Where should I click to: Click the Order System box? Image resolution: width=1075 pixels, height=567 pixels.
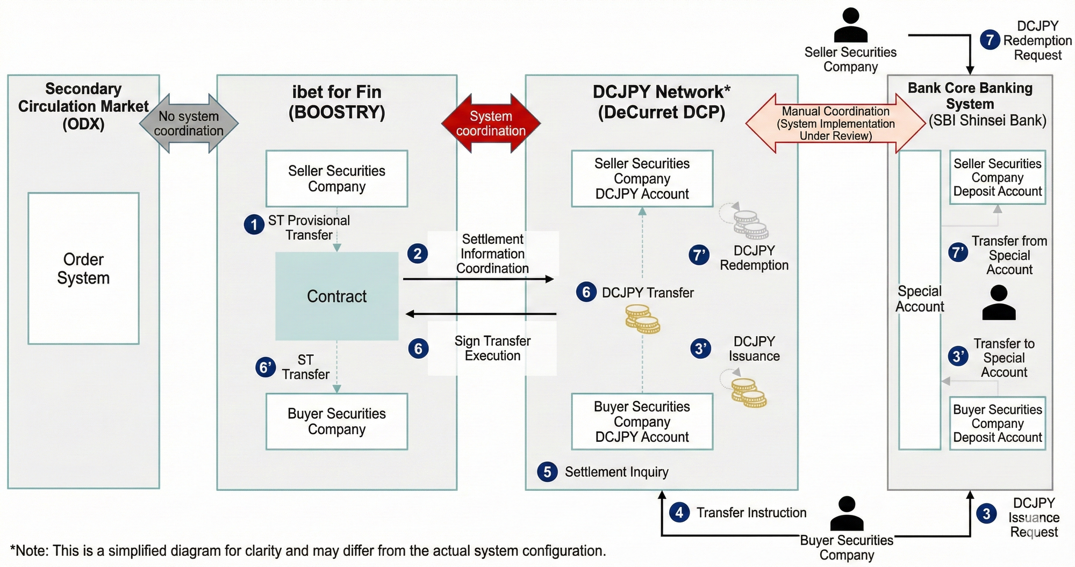click(x=83, y=268)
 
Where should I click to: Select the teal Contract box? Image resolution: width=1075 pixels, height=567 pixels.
click(x=337, y=296)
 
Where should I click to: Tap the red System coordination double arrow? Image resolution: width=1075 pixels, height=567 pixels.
click(x=491, y=123)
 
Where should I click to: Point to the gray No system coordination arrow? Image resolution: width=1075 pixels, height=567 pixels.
click(x=189, y=123)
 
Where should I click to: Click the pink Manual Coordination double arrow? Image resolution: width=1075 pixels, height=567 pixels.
click(x=836, y=123)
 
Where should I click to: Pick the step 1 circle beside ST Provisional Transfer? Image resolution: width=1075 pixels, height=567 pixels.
click(x=254, y=224)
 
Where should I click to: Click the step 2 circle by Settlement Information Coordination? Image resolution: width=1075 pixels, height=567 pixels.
click(x=417, y=253)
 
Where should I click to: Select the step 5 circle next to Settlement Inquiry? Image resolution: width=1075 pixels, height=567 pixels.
click(x=547, y=472)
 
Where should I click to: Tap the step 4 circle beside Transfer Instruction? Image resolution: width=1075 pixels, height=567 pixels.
click(x=679, y=512)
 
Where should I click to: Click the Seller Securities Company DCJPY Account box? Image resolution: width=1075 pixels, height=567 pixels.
click(x=642, y=179)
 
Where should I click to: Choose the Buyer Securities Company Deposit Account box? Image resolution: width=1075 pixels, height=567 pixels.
click(x=998, y=423)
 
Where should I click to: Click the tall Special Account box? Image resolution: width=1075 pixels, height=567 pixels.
click(x=920, y=299)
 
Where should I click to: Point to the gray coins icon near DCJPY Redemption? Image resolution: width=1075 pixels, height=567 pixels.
click(x=750, y=224)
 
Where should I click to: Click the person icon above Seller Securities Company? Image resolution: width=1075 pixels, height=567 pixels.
click(x=850, y=25)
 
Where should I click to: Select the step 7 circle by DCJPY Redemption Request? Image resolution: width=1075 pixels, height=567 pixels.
click(x=990, y=40)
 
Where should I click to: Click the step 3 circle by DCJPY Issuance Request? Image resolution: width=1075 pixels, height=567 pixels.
click(x=986, y=514)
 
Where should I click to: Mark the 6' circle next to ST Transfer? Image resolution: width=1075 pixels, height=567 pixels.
click(x=265, y=367)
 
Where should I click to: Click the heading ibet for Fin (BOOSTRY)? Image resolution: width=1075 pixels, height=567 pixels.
click(x=337, y=102)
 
